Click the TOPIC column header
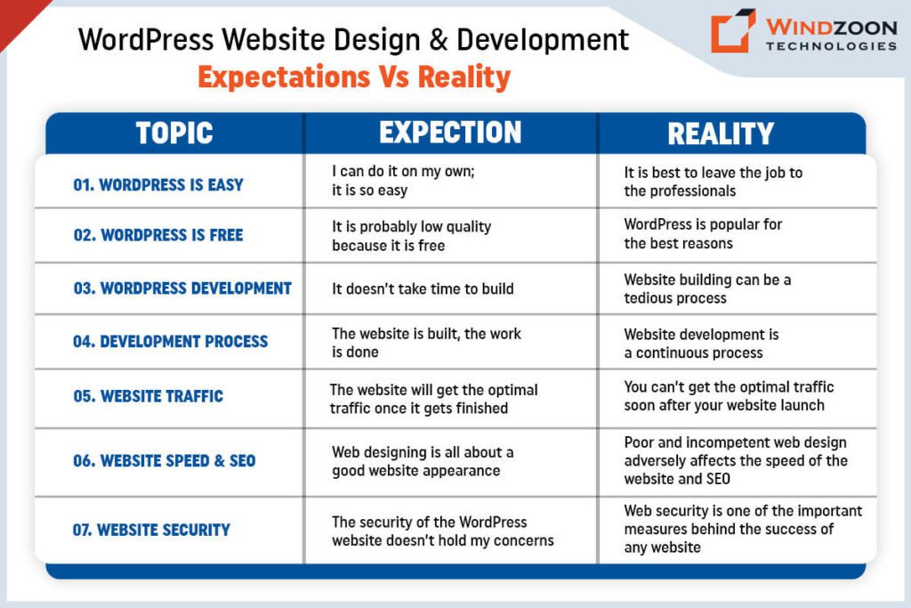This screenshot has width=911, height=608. pyautogui.click(x=174, y=133)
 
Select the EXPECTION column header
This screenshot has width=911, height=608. pyautogui.click(x=450, y=133)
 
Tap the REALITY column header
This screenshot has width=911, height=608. pyautogui.click(x=721, y=134)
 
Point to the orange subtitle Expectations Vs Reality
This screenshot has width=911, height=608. pyautogui.click(x=354, y=77)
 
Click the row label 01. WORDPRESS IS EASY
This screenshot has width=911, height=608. pyautogui.click(x=157, y=185)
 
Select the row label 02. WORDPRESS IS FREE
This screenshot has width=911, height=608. pyautogui.click(x=157, y=235)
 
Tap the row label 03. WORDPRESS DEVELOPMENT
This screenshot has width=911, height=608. pyautogui.click(x=182, y=288)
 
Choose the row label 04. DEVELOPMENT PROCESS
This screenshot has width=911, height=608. pyautogui.click(x=170, y=341)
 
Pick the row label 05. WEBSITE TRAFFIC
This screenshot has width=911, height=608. pyautogui.click(x=148, y=396)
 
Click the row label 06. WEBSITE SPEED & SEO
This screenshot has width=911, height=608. pyautogui.click(x=164, y=461)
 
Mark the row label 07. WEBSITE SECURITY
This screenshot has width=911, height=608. pyautogui.click(x=151, y=530)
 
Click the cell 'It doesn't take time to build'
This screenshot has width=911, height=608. pyautogui.click(x=423, y=288)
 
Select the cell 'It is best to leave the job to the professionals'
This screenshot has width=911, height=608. pyautogui.click(x=713, y=182)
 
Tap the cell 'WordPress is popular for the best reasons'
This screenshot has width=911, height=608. pyautogui.click(x=703, y=233)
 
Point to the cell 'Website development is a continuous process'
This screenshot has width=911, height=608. pyautogui.click(x=701, y=344)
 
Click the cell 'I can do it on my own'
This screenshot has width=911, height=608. pyautogui.click(x=403, y=181)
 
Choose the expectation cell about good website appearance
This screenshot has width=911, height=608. pyautogui.click(x=423, y=462)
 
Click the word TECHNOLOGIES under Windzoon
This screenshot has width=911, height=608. pyautogui.click(x=830, y=45)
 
